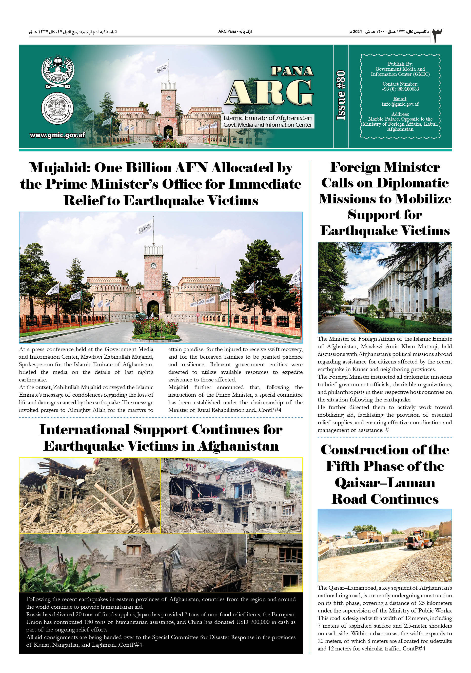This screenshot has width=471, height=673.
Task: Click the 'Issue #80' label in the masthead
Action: point(341,95)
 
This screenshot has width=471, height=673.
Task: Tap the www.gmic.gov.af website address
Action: point(57,135)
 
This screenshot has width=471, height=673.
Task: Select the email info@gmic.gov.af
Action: point(400,104)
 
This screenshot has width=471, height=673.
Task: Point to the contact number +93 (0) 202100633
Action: point(400,89)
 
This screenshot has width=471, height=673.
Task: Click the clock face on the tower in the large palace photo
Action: point(153,265)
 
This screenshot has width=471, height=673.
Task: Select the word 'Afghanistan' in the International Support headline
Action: point(238,446)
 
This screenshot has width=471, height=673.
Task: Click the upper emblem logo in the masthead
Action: point(57,72)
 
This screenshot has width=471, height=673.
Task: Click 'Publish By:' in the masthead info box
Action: point(400,64)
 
